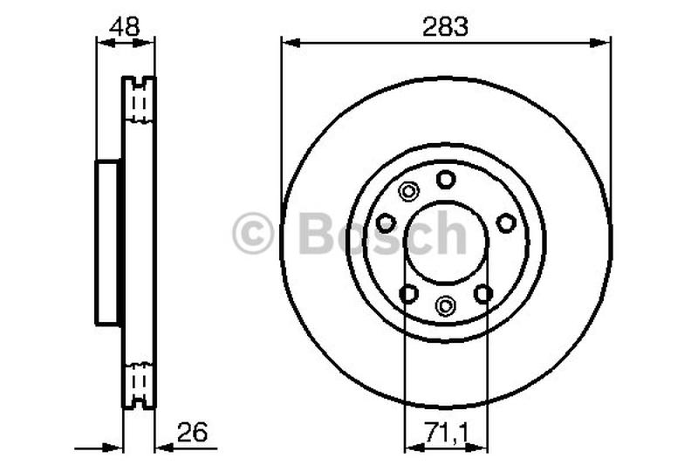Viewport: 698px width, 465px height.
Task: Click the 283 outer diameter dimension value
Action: click(446, 26)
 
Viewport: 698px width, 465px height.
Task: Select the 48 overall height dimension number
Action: click(125, 26)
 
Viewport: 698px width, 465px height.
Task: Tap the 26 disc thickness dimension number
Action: click(195, 431)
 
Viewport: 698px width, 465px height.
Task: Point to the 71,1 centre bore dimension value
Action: click(446, 431)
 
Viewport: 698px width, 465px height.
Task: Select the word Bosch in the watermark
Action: click(382, 234)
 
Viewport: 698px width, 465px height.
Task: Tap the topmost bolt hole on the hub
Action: click(446, 180)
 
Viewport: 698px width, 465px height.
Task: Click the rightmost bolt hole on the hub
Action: click(506, 223)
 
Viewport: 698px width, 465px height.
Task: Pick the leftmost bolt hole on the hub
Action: click(386, 223)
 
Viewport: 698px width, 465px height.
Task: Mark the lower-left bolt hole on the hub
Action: click(407, 294)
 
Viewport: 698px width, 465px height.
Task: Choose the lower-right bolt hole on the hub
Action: click(483, 294)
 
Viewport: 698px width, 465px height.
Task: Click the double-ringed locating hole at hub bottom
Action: click(446, 304)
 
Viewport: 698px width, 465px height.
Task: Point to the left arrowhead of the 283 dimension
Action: click(288, 41)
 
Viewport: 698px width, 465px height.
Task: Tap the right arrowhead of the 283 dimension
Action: click(604, 41)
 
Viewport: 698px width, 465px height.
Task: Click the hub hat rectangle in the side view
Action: click(107, 243)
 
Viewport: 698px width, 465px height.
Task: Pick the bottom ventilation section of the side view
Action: click(138, 384)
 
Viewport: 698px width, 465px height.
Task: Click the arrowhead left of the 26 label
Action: click(161, 448)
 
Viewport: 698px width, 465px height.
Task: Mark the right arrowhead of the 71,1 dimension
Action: click(481, 448)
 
